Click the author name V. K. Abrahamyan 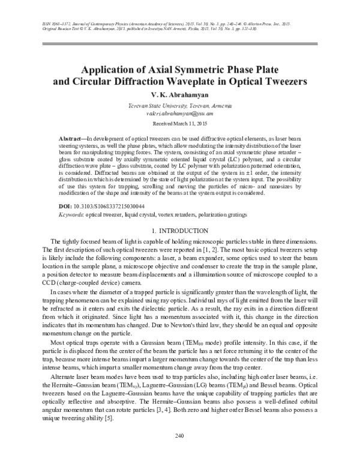pos(180,94)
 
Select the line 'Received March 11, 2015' pos(180,123)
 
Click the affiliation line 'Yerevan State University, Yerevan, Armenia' pos(180,105)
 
